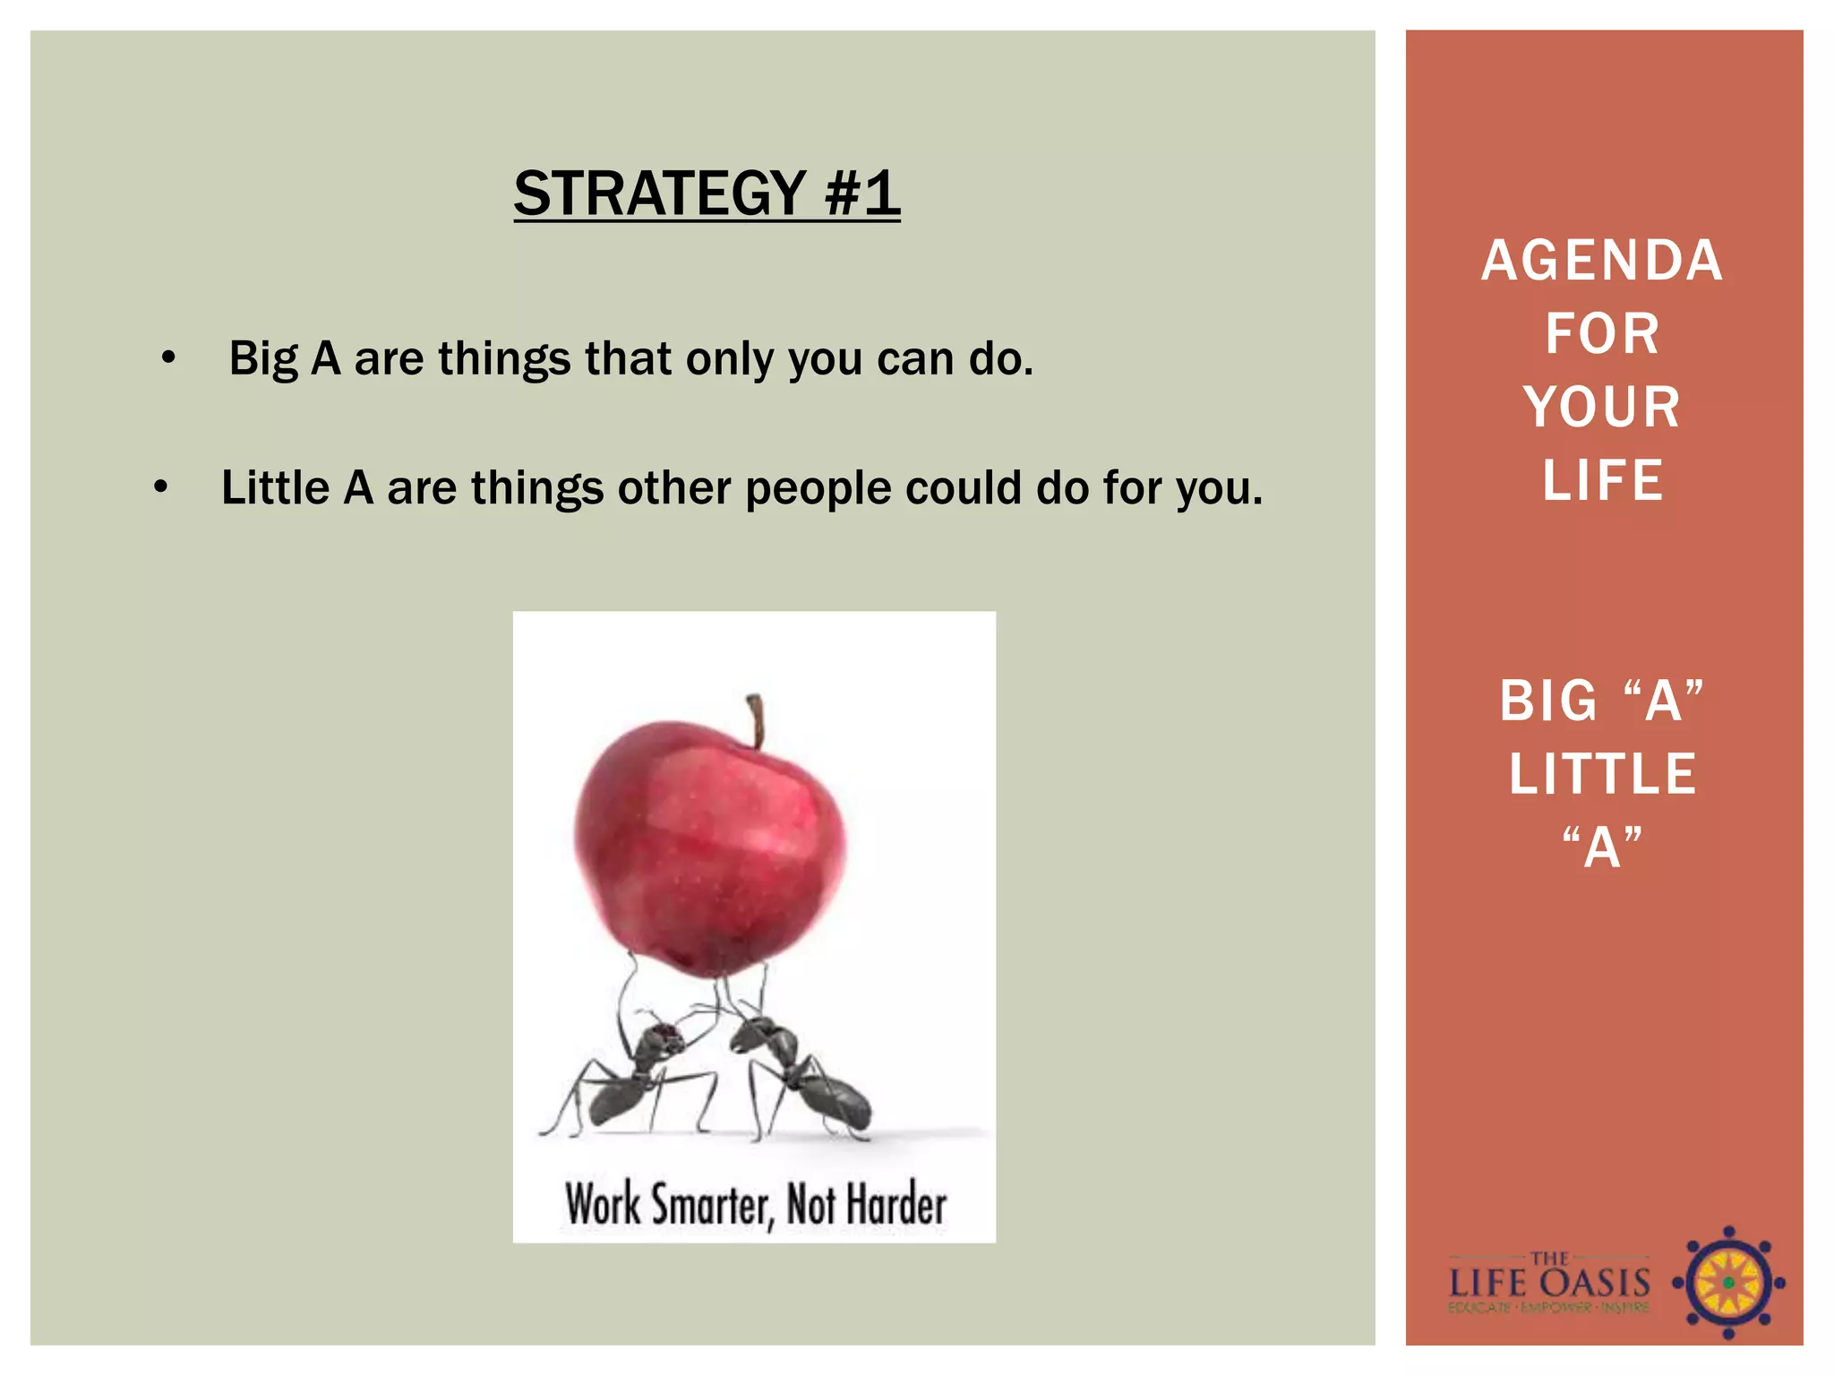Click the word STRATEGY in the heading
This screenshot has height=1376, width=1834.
point(660,193)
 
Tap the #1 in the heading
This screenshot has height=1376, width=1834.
point(862,193)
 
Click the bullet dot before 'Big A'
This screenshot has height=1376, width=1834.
point(168,359)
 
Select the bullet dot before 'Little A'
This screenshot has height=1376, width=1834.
point(160,488)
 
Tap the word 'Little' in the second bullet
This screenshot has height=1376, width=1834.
point(276,489)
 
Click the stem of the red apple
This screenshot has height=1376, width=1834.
point(757,719)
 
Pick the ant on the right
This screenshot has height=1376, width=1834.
point(801,1075)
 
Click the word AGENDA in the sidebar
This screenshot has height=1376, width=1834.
point(1602,261)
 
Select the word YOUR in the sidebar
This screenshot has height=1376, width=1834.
point(1602,408)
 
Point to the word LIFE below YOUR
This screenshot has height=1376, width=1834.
point(1602,481)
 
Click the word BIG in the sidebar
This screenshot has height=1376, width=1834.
point(1548,701)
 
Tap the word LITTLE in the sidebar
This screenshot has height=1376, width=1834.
point(1602,774)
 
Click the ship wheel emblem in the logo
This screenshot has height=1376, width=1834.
point(1728,1283)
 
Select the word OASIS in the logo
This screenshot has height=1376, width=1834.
point(1598,1283)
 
